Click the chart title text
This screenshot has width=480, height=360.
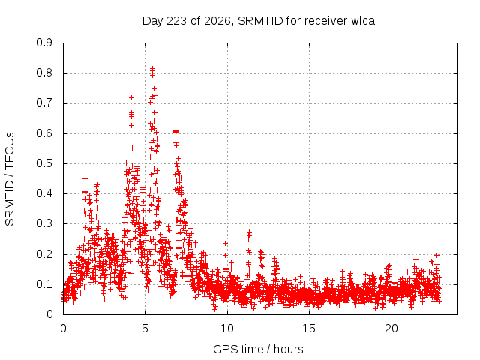tap(259, 21)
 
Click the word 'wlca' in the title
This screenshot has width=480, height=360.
tap(363, 21)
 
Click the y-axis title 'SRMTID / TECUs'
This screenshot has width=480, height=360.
tap(10, 179)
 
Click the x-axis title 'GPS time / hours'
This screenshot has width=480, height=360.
tap(258, 349)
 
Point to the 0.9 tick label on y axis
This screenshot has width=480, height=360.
tap(44, 43)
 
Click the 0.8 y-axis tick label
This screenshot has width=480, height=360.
tap(44, 73)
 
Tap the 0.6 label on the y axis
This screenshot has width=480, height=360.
tap(44, 133)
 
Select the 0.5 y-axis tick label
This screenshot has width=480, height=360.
tap(44, 163)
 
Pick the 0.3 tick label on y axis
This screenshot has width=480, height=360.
tap(44, 223)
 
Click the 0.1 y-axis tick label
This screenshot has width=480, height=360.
tap(44, 284)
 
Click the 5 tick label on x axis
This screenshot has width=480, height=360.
tap(145, 328)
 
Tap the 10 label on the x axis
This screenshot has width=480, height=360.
tap(227, 328)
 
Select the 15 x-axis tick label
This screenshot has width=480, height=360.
tap(309, 328)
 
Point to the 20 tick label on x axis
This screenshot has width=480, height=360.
tap(391, 328)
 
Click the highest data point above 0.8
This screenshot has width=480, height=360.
tap(152, 68)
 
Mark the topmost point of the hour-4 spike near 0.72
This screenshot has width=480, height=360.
tap(132, 97)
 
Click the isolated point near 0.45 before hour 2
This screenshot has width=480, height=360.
tap(85, 178)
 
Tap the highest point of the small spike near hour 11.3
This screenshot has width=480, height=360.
tap(249, 232)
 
